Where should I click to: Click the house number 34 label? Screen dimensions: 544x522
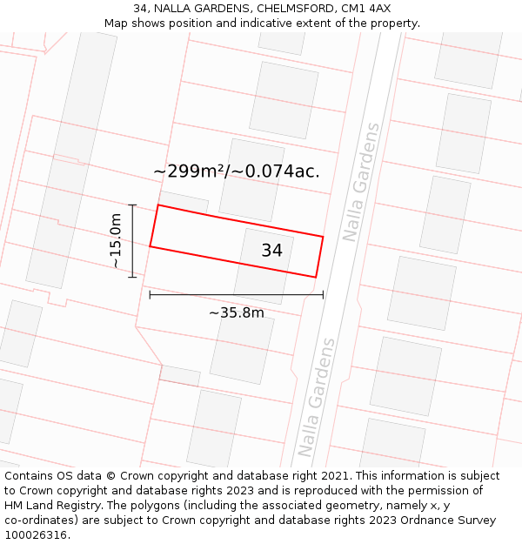(271, 251)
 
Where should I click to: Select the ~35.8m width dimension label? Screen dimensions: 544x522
(236, 312)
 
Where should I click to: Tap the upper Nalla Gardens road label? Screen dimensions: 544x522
(362, 182)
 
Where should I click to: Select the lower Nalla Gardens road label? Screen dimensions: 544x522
(317, 398)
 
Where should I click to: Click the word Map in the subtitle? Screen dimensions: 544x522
(117, 24)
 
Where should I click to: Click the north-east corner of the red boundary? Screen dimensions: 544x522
(323, 236)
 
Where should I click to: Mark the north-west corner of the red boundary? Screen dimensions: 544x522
(157, 205)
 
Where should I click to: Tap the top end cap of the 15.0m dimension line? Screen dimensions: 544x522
(132, 205)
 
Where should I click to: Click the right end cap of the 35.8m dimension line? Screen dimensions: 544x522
(323, 295)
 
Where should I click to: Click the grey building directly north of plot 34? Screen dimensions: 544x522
(251, 179)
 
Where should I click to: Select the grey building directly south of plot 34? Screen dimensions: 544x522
(242, 348)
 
